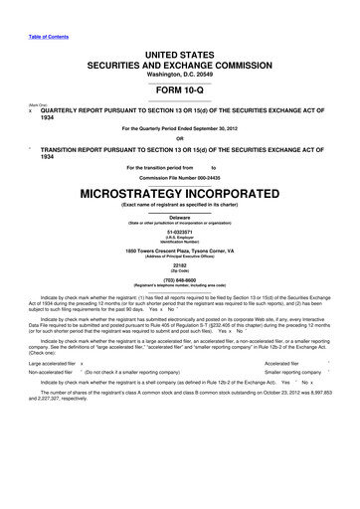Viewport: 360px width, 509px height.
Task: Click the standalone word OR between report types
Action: tap(179, 139)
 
